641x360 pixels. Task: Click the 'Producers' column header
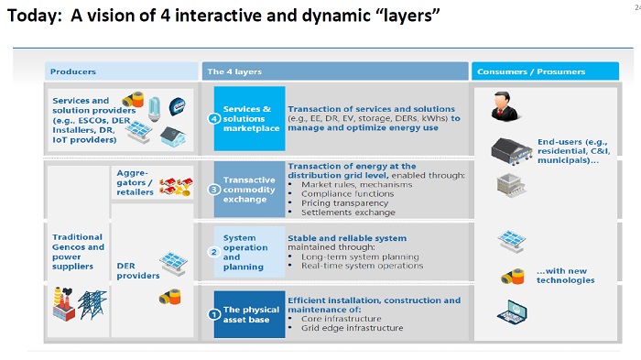coord(73,71)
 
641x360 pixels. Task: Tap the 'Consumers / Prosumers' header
coord(521,71)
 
